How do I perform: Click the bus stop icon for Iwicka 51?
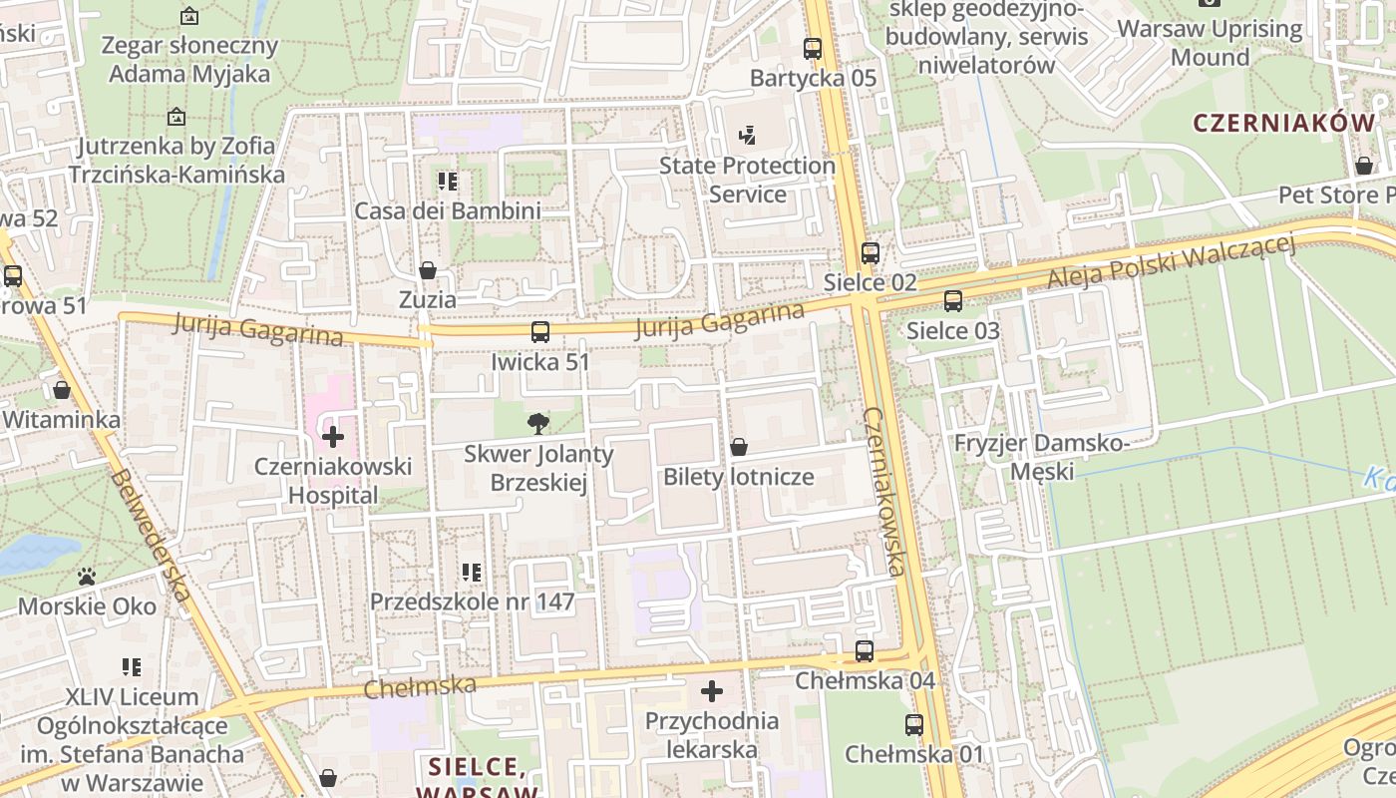[x=539, y=332]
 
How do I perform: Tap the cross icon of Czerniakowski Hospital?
[x=333, y=436]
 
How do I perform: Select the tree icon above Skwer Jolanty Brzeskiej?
[x=538, y=424]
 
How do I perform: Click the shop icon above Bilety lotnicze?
[x=739, y=447]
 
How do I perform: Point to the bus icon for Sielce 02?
[x=871, y=253]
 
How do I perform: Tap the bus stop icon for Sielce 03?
[x=953, y=300]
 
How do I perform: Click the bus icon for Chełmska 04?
[x=865, y=651]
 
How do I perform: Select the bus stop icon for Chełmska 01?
[x=914, y=725]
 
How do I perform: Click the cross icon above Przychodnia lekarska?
[x=712, y=690]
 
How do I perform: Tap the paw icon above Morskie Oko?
[x=87, y=577]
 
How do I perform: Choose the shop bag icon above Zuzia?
[x=428, y=270]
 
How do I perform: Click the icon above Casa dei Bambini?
[x=448, y=182]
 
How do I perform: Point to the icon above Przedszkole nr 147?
[x=472, y=573]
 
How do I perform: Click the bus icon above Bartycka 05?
[x=813, y=48]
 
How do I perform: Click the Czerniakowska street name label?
[x=885, y=491]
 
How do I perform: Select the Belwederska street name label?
[x=152, y=535]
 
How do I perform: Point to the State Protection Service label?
[x=747, y=180]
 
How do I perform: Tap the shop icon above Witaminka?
[x=62, y=390]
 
